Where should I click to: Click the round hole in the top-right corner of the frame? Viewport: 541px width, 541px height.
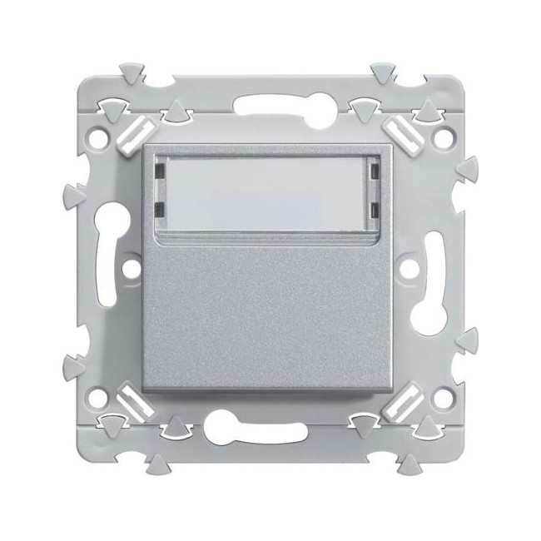coord(439,131)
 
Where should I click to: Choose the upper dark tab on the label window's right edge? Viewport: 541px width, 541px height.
coord(375,171)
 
